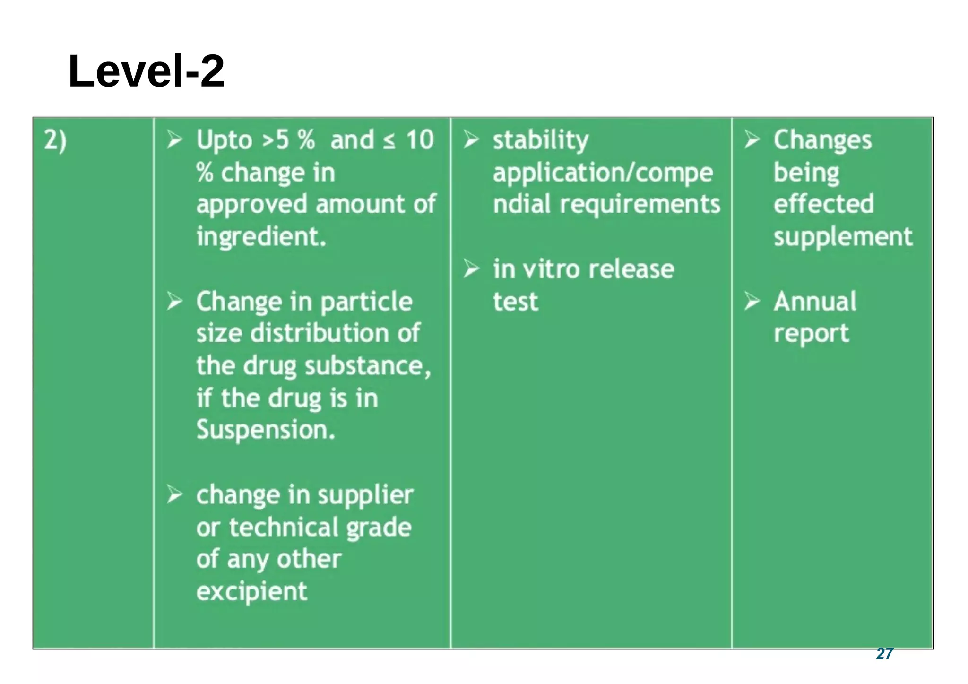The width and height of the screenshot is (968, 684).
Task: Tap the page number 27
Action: [884, 653]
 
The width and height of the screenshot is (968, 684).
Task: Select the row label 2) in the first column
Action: [55, 140]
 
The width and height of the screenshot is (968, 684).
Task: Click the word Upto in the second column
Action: [224, 140]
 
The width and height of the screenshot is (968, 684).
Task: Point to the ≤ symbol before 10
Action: [389, 141]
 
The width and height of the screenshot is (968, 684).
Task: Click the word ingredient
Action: [261, 236]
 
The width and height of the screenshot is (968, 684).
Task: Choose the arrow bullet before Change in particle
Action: [174, 301]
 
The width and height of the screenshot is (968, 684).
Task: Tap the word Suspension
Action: [265, 430]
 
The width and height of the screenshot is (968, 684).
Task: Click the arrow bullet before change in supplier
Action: [174, 494]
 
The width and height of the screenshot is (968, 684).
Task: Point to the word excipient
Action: [251, 591]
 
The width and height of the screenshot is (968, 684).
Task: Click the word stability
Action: [541, 140]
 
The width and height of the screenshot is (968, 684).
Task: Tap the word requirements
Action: [640, 204]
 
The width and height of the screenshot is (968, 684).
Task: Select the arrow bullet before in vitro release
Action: [471, 268]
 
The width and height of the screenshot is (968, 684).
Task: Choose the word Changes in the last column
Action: [822, 140]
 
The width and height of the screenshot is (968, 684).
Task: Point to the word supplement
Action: [843, 237]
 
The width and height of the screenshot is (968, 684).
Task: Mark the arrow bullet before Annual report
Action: [752, 301]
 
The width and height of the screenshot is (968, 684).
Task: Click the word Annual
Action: [814, 301]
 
